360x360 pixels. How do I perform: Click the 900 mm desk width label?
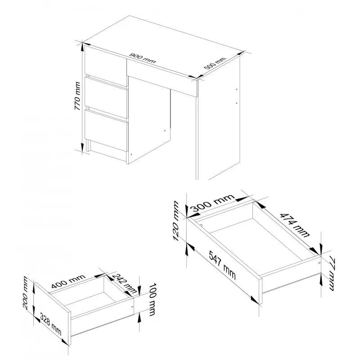click(x=143, y=58)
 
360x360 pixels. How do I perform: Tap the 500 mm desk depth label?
click(x=215, y=63)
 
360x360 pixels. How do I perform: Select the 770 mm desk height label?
click(x=78, y=96)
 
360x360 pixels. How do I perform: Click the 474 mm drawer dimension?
click(x=295, y=225)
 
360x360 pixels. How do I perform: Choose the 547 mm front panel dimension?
click(x=222, y=265)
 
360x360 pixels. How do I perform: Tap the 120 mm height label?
click(x=176, y=221)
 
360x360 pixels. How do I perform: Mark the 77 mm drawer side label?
click(x=332, y=274)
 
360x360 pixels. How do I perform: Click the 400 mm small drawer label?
click(x=68, y=281)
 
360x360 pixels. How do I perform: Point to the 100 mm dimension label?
click(x=152, y=299)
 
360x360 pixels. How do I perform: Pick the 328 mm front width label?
click(x=51, y=324)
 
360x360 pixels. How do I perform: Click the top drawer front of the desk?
click(x=106, y=66)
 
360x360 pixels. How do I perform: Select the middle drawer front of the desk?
click(x=106, y=98)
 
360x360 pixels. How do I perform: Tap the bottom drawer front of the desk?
click(x=106, y=130)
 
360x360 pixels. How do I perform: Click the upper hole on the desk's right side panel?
click(x=237, y=89)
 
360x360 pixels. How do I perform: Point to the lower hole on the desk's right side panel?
click(x=237, y=103)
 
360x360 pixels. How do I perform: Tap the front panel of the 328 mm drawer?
click(x=52, y=313)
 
